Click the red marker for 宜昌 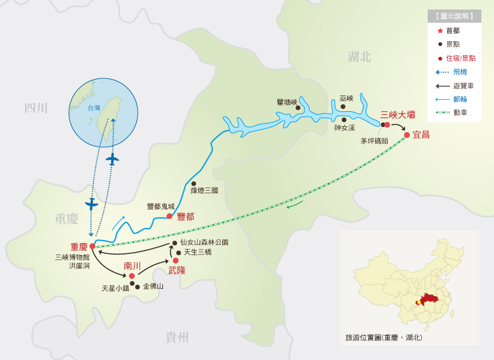click(407, 135)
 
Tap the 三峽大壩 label click(397, 115)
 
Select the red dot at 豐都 click(169, 216)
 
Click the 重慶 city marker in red click(92, 246)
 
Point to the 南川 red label click(132, 265)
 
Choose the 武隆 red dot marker click(176, 260)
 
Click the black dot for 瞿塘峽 click(298, 107)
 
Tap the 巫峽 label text click(347, 99)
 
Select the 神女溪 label click(345, 128)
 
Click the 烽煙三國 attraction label click(204, 190)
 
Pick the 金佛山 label click(153, 286)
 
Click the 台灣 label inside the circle click(93, 108)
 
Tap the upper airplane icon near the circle click(112, 159)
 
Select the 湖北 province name click(359, 57)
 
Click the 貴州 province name click(177, 337)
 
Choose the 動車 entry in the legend click(460, 112)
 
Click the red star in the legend click(440, 30)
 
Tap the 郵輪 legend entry click(460, 99)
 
